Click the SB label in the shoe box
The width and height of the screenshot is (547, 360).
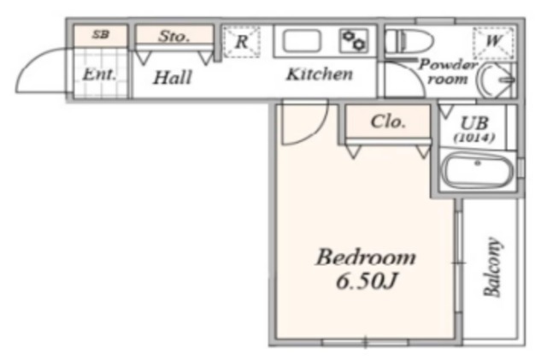coord(101,34)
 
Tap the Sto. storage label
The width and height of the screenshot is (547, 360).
coord(174,36)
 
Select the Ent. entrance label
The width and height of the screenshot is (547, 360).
coord(99,74)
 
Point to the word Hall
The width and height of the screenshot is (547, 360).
coord(173,78)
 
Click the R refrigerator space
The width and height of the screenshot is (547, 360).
coord(241,42)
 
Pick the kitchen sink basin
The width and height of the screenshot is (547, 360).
coord(302,41)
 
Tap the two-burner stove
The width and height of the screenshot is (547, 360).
coord(354,41)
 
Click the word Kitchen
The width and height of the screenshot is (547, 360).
coord(320,74)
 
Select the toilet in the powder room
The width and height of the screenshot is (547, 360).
coord(409,41)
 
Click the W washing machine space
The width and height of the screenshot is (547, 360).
coord(493,42)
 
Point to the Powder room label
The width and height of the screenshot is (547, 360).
coord(448,72)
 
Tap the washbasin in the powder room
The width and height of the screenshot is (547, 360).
coord(497,80)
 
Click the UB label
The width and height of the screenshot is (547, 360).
coord(474,123)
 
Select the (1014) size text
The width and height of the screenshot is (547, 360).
coord(474,138)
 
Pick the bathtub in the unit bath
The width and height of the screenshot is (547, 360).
coord(477,171)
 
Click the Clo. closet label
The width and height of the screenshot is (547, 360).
coord(388,122)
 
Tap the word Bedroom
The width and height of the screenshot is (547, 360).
coord(366,258)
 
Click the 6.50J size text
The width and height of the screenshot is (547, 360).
coord(367,280)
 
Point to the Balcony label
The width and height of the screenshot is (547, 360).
coord(493,267)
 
